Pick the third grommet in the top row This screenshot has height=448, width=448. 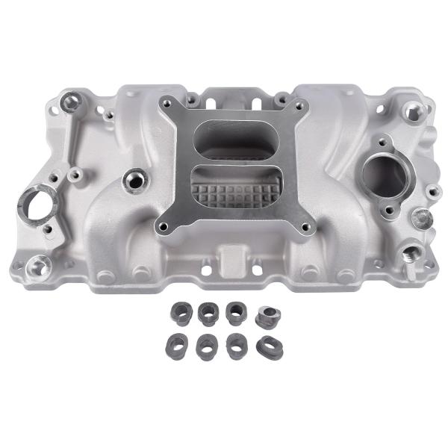235,311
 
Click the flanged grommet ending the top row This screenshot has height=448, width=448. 267,314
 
